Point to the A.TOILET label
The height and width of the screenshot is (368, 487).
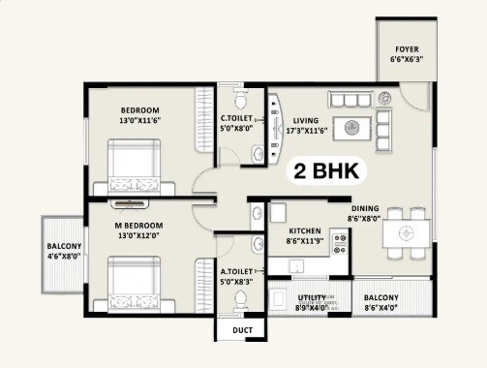(237, 276)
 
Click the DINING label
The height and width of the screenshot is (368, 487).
(364, 207)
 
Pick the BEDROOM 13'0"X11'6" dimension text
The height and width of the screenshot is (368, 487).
(140, 120)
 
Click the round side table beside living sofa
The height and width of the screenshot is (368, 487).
(385, 97)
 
